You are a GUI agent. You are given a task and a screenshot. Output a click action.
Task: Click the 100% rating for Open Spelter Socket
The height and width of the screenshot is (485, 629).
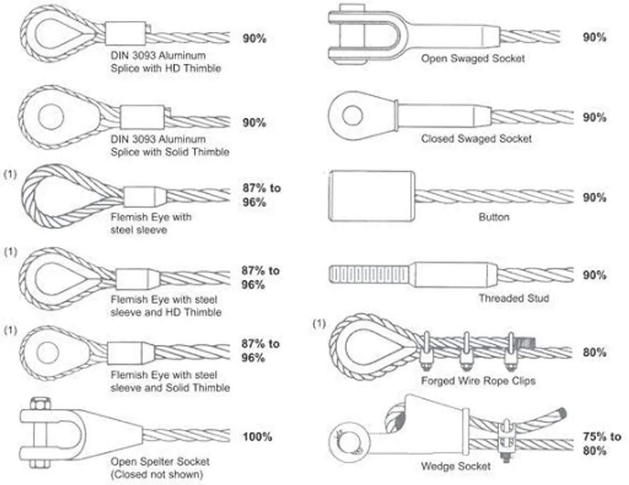(x=257, y=436)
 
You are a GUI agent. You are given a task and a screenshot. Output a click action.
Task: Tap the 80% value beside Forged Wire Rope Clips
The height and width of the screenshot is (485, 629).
(x=594, y=352)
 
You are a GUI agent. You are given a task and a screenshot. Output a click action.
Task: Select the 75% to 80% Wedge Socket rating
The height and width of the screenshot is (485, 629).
(x=602, y=444)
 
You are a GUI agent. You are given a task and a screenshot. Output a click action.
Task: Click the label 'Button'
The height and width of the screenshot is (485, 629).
(x=494, y=217)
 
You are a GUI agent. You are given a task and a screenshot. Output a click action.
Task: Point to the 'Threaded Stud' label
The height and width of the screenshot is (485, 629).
(x=514, y=298)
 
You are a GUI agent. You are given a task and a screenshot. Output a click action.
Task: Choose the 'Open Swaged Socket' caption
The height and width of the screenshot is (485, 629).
(x=473, y=59)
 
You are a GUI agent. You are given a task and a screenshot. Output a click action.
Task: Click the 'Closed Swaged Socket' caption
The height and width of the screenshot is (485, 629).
(x=476, y=139)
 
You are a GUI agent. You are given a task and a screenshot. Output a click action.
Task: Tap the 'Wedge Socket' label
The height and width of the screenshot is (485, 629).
(x=455, y=466)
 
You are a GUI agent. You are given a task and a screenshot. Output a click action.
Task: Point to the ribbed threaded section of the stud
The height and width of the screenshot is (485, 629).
(x=370, y=275)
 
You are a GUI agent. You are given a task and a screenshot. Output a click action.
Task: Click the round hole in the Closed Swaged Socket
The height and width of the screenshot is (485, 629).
(x=352, y=115)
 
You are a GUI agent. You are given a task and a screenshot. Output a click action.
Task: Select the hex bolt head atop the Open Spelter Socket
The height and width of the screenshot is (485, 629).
(x=40, y=404)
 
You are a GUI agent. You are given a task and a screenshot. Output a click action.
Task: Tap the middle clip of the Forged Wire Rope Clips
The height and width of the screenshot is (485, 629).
(x=467, y=351)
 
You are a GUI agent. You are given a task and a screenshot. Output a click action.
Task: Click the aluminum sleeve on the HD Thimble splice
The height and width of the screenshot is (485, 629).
(x=126, y=33)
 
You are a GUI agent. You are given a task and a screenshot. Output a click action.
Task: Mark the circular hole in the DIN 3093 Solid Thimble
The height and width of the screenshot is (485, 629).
(x=51, y=117)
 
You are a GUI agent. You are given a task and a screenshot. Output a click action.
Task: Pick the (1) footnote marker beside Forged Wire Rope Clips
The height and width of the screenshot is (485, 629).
(x=319, y=323)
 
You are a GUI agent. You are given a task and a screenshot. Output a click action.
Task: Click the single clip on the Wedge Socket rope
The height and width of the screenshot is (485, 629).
(x=506, y=441)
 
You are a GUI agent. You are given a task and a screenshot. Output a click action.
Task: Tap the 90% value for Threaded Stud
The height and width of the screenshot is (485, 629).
(x=594, y=275)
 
